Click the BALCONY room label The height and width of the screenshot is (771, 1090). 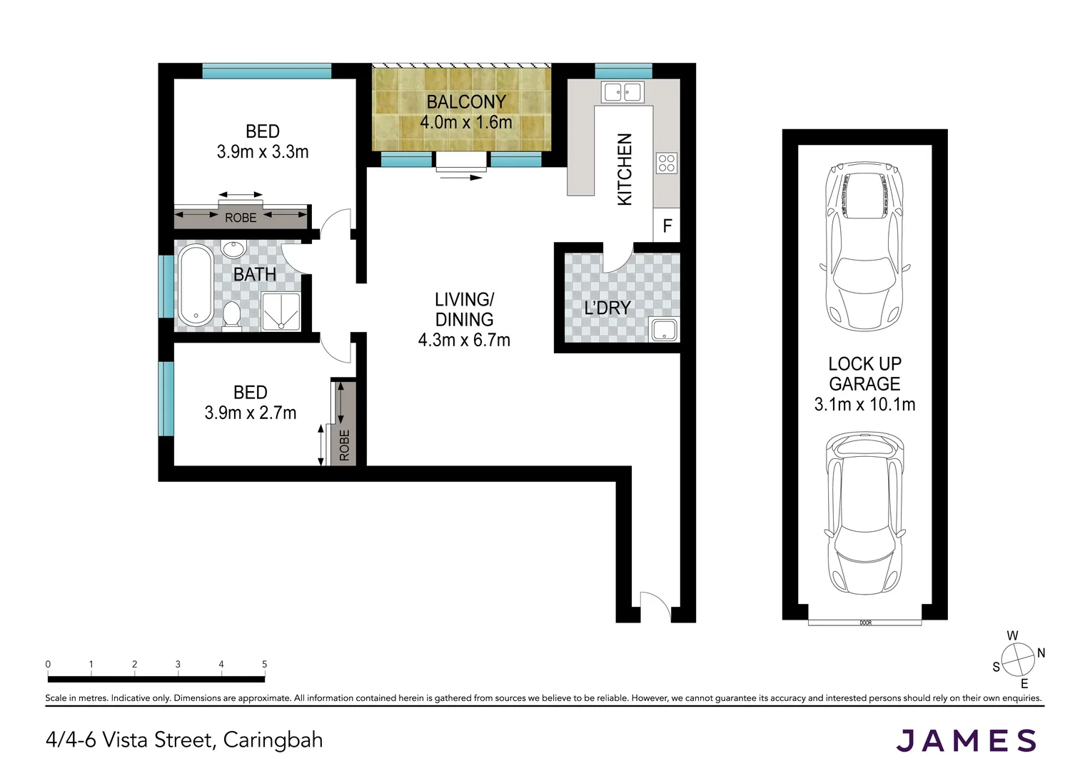[x=465, y=102]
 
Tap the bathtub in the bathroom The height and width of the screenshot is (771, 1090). [x=195, y=286]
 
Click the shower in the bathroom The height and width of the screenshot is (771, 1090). [x=281, y=311]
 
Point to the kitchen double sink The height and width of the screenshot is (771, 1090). [x=623, y=91]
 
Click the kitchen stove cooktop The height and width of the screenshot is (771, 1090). [x=667, y=163]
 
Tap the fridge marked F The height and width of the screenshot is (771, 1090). [x=667, y=226]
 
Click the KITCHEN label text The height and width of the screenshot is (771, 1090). [x=625, y=169]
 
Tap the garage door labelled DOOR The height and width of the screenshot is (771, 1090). [x=865, y=623]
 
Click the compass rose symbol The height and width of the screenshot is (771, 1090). [x=1018, y=659]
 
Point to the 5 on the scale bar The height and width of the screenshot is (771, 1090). [x=265, y=664]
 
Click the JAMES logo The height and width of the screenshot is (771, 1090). [x=966, y=740]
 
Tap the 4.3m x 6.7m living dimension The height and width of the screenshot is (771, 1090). [x=464, y=341]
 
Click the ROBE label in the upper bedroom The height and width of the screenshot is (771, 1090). [x=241, y=218]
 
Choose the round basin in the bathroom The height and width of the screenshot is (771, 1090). [x=232, y=249]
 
